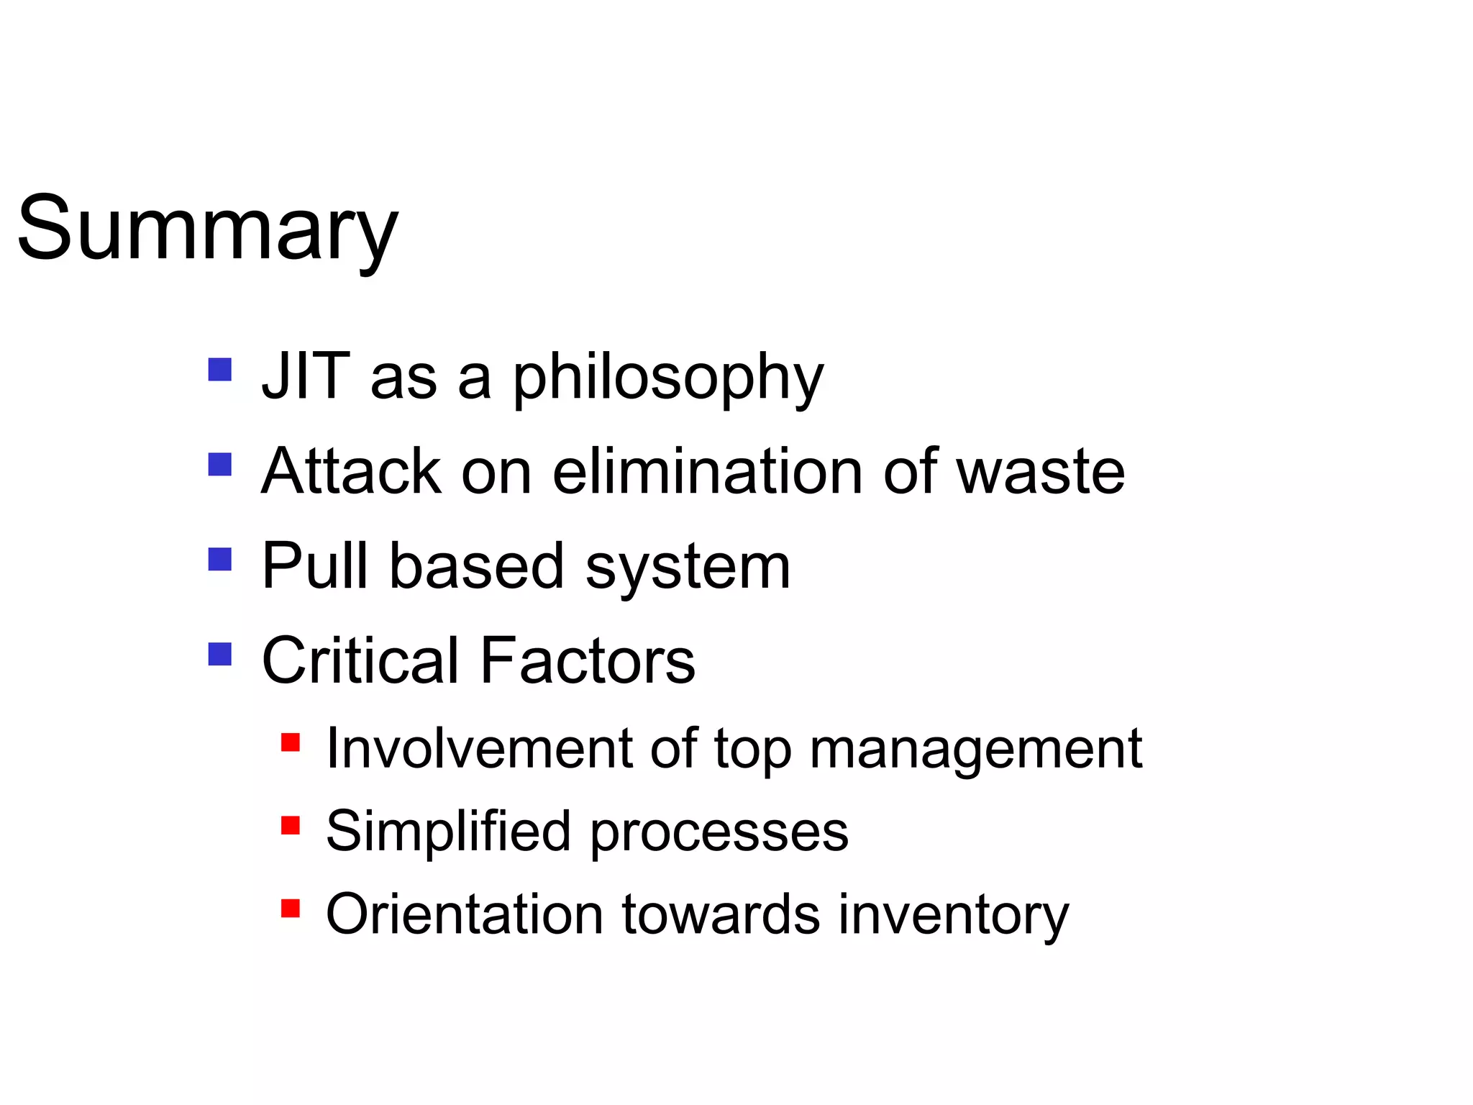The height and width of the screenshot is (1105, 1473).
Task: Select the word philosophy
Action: [x=667, y=379]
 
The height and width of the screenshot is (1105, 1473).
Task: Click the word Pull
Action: [x=314, y=566]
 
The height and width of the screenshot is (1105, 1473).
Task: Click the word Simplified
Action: [x=448, y=831]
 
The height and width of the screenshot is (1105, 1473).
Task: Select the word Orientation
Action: [x=464, y=914]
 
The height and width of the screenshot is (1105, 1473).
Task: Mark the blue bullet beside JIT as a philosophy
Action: [x=219, y=370]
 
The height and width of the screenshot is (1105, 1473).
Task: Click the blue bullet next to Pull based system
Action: [x=219, y=559]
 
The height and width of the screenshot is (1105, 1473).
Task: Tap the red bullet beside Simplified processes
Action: [x=290, y=825]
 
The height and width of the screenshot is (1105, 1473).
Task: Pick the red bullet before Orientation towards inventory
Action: [x=290, y=909]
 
